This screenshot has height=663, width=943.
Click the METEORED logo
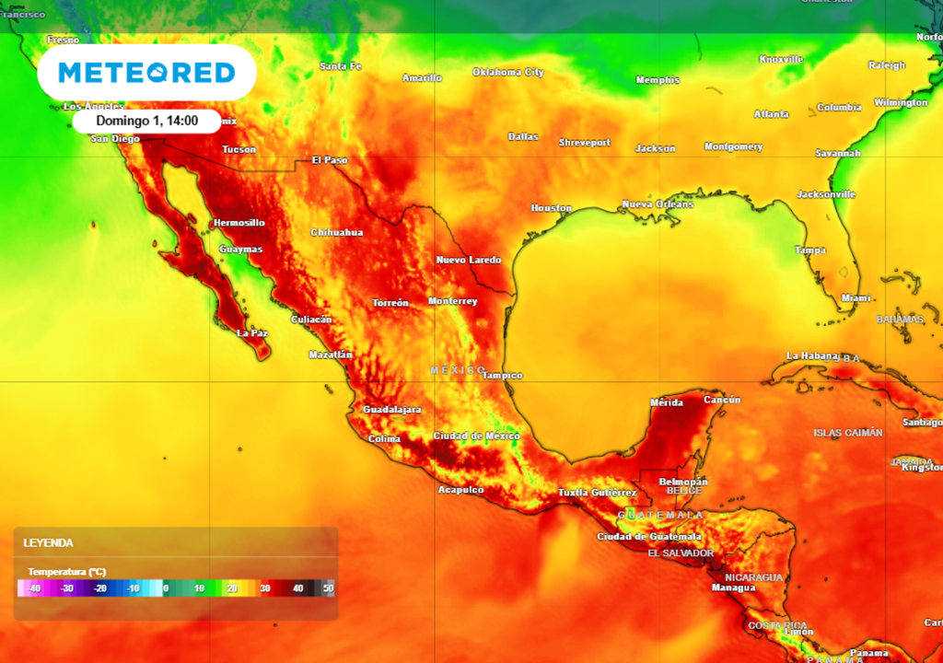click(x=146, y=72)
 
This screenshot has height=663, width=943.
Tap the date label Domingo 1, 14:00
click(x=146, y=121)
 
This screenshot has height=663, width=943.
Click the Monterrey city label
click(x=452, y=301)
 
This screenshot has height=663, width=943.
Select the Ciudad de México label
click(x=476, y=436)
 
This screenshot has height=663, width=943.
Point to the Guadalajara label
click(x=391, y=409)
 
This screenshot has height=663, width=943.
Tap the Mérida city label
click(x=666, y=402)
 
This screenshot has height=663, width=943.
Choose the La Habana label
click(x=811, y=355)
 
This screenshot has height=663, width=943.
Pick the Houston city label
click(x=551, y=208)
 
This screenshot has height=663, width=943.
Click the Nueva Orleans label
click(x=658, y=204)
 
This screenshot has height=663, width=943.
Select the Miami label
click(x=856, y=297)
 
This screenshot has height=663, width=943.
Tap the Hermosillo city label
click(x=239, y=223)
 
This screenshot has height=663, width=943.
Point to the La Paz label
click(x=252, y=332)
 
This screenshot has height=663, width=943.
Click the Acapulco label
click(x=460, y=489)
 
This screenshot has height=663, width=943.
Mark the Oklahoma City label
click(x=508, y=72)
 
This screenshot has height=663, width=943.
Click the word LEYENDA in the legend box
click(x=48, y=543)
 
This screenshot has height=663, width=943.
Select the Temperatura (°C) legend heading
click(x=66, y=571)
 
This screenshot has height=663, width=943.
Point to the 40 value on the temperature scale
click(x=297, y=587)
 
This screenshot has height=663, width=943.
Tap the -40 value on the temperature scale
click(x=34, y=587)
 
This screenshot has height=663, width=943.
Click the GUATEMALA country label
click(x=660, y=515)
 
